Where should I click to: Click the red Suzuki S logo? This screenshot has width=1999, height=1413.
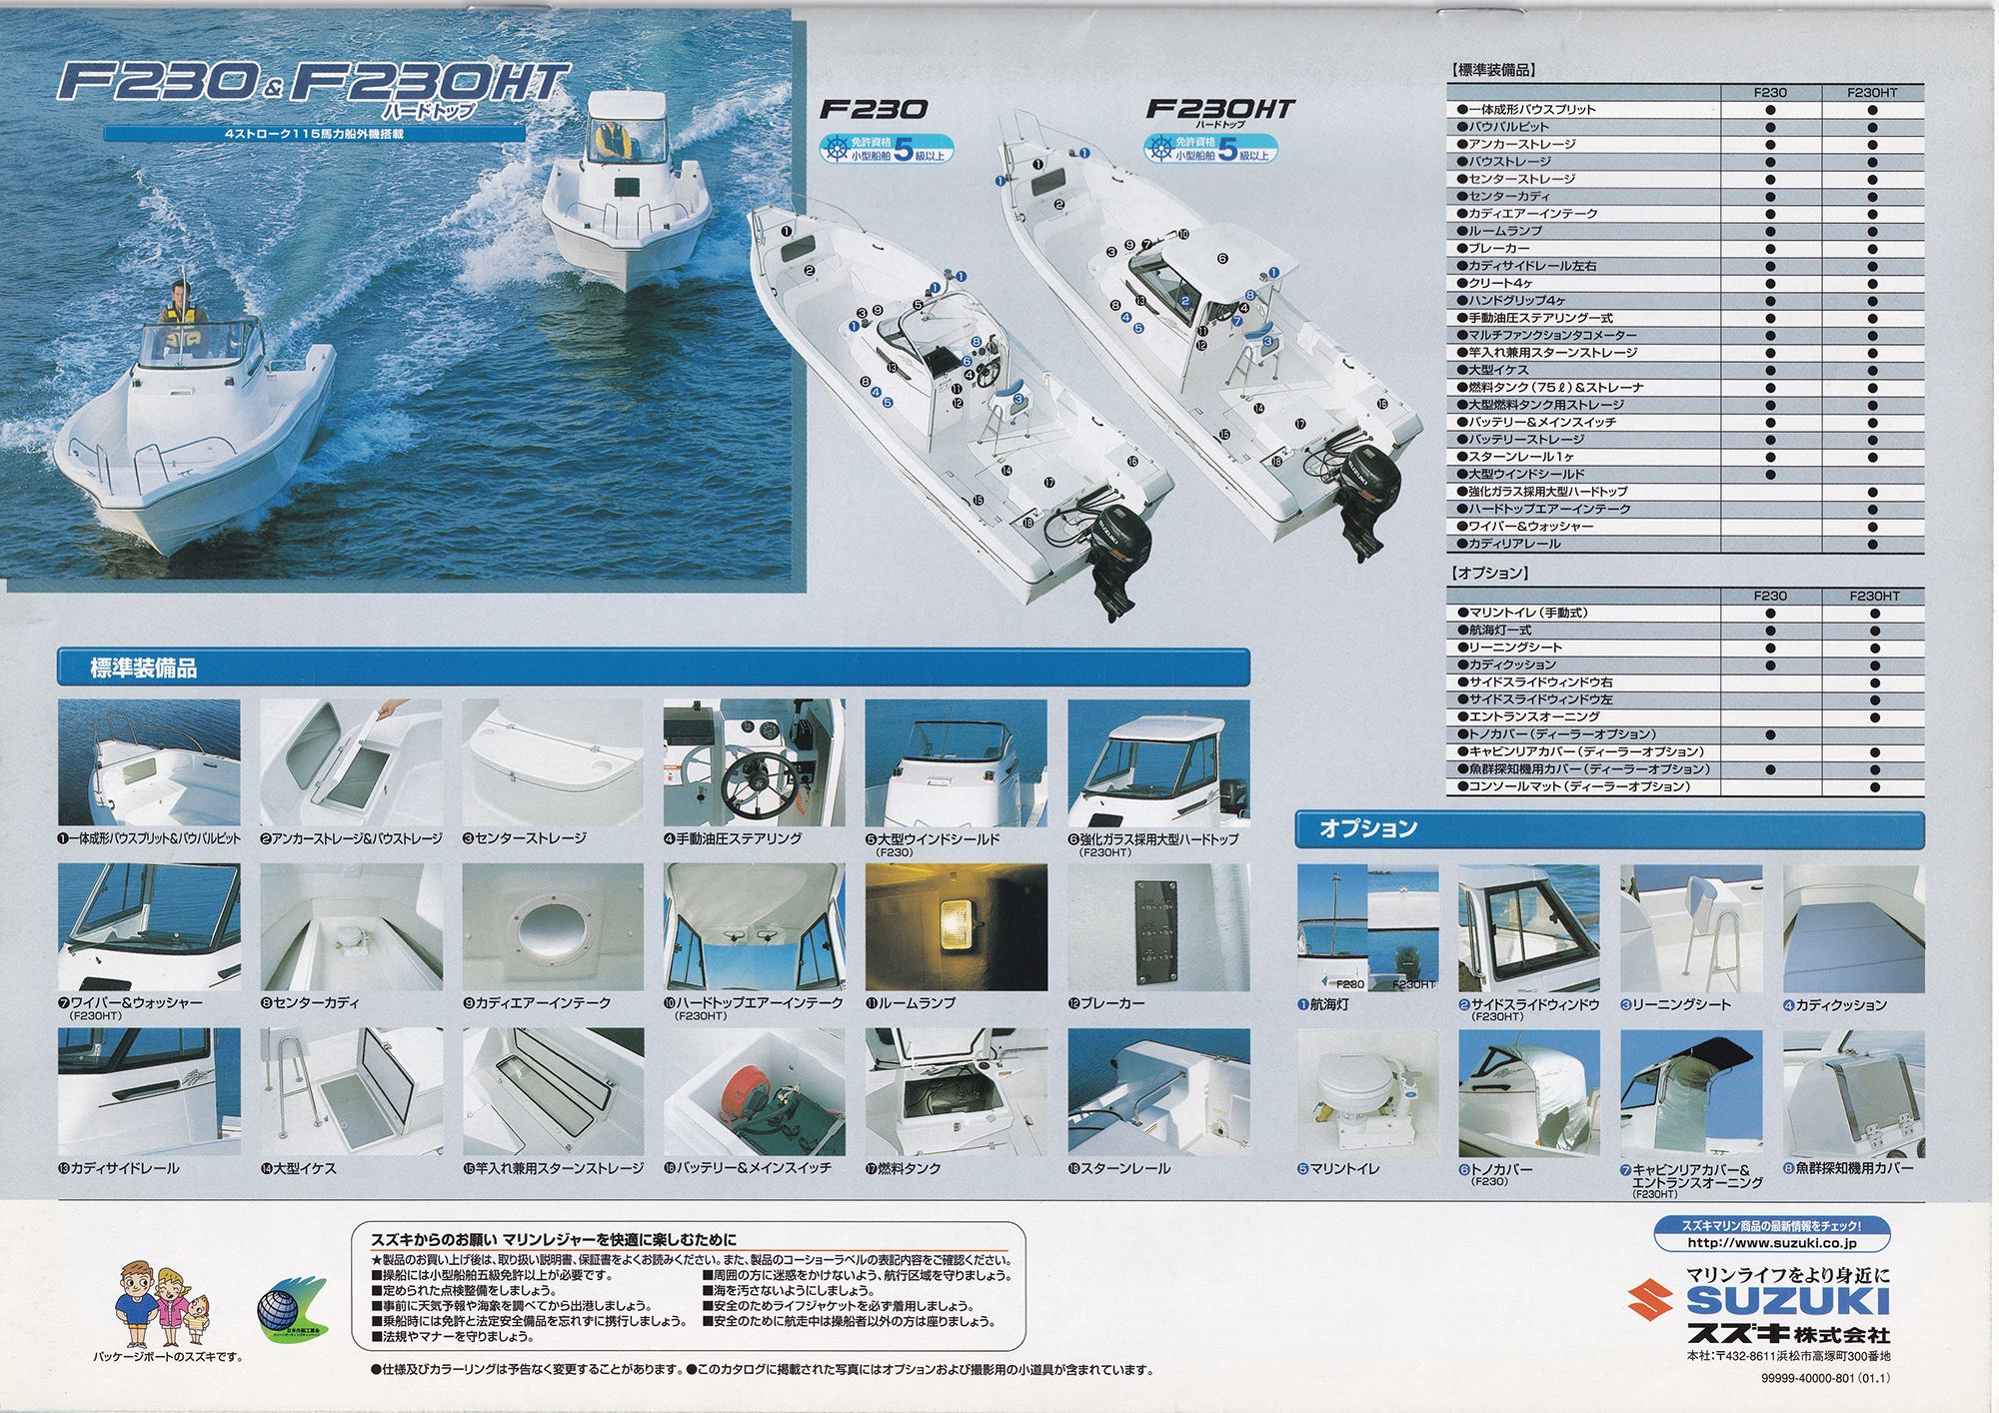click(1650, 1301)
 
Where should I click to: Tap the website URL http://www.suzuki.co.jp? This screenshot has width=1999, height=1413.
click(1771, 1243)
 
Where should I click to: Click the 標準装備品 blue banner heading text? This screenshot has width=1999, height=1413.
click(144, 669)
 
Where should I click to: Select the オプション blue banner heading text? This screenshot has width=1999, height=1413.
click(1368, 828)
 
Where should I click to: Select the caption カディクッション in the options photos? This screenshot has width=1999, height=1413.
click(1840, 1005)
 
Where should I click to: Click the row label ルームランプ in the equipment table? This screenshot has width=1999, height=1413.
click(1504, 231)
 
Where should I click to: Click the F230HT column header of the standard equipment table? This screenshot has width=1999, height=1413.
click(1871, 93)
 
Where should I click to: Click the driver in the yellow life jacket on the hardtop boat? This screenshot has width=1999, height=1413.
click(613, 139)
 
